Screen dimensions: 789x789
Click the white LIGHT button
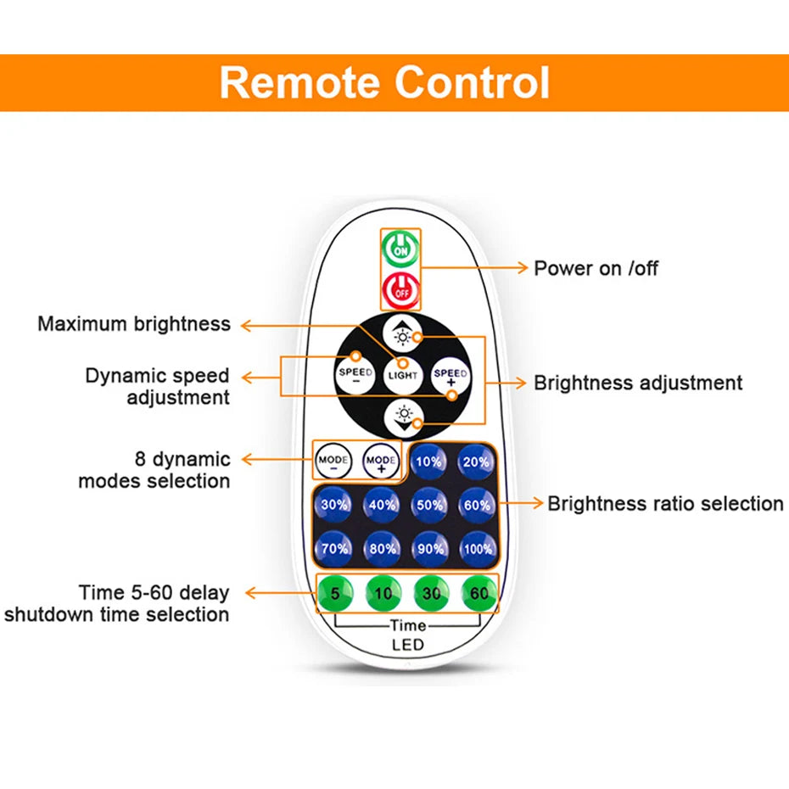tap(402, 374)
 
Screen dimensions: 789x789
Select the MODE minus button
tap(332, 462)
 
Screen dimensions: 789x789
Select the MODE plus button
tap(380, 462)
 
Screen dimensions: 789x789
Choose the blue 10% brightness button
tap(428, 462)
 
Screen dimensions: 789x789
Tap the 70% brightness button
tap(333, 548)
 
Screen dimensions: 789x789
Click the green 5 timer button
tap(334, 594)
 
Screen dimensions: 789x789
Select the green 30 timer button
tap(431, 594)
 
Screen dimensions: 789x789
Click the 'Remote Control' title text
tap(384, 83)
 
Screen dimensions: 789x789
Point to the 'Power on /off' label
tap(596, 268)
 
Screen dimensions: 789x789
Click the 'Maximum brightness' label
tap(134, 324)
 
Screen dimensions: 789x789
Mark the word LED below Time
tap(407, 646)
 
